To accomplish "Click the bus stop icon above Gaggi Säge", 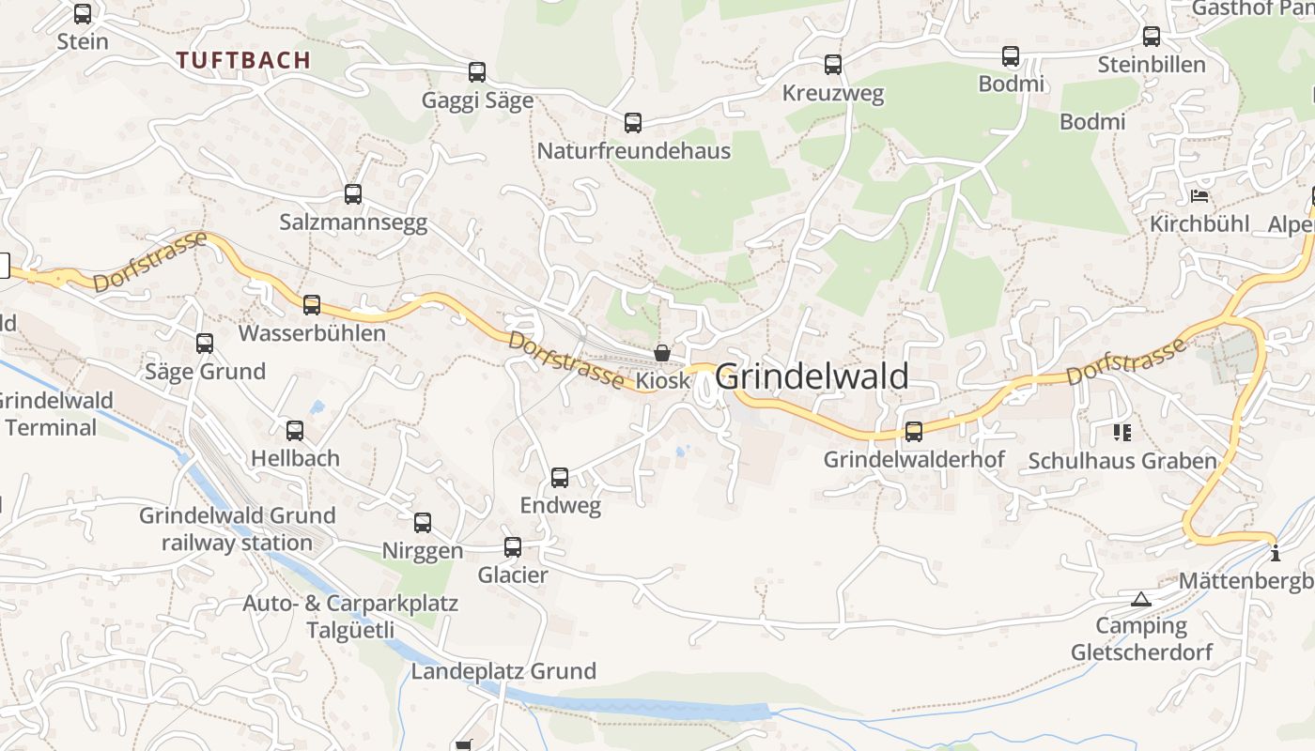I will click(x=477, y=72).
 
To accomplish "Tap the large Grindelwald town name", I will click(x=812, y=376).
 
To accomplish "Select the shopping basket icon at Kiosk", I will click(x=662, y=353).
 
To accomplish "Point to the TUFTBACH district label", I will click(x=243, y=60).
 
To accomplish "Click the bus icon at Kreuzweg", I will click(x=833, y=65).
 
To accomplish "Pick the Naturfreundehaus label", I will click(x=633, y=151).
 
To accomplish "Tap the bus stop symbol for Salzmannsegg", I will click(x=353, y=194).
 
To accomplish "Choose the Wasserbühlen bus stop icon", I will click(x=312, y=305).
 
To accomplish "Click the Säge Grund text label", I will click(x=205, y=372).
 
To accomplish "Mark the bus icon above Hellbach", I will click(x=295, y=431).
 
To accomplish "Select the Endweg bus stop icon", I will click(x=560, y=478).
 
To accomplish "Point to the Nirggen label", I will click(x=422, y=551).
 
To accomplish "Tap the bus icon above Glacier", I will click(x=513, y=547).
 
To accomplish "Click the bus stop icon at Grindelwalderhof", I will click(x=914, y=432).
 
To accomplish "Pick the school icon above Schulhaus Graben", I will click(x=1122, y=433).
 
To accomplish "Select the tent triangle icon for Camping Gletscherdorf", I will click(x=1140, y=600).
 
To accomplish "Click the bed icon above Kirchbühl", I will click(x=1199, y=196).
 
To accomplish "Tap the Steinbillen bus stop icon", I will click(x=1152, y=37).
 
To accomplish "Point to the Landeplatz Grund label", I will click(x=503, y=671).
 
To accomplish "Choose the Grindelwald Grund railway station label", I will click(x=237, y=529).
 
